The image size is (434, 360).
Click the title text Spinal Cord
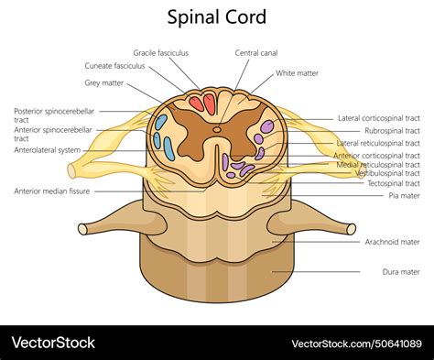coord(217,17)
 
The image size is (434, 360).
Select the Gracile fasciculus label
coord(161,52)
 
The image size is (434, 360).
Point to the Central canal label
coord(257,52)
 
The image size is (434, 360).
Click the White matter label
coord(298,71)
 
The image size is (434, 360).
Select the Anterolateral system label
coord(48,150)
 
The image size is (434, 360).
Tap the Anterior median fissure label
coord(51,191)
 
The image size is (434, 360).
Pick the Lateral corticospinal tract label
coord(378,118)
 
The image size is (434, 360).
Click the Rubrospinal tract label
coord(392,131)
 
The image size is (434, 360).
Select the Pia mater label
coord(404,195)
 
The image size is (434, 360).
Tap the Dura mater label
coord(400,272)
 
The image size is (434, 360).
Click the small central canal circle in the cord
coord(217,129)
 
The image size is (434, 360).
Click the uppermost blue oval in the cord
coord(161,121)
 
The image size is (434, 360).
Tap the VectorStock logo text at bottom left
coord(53,343)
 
